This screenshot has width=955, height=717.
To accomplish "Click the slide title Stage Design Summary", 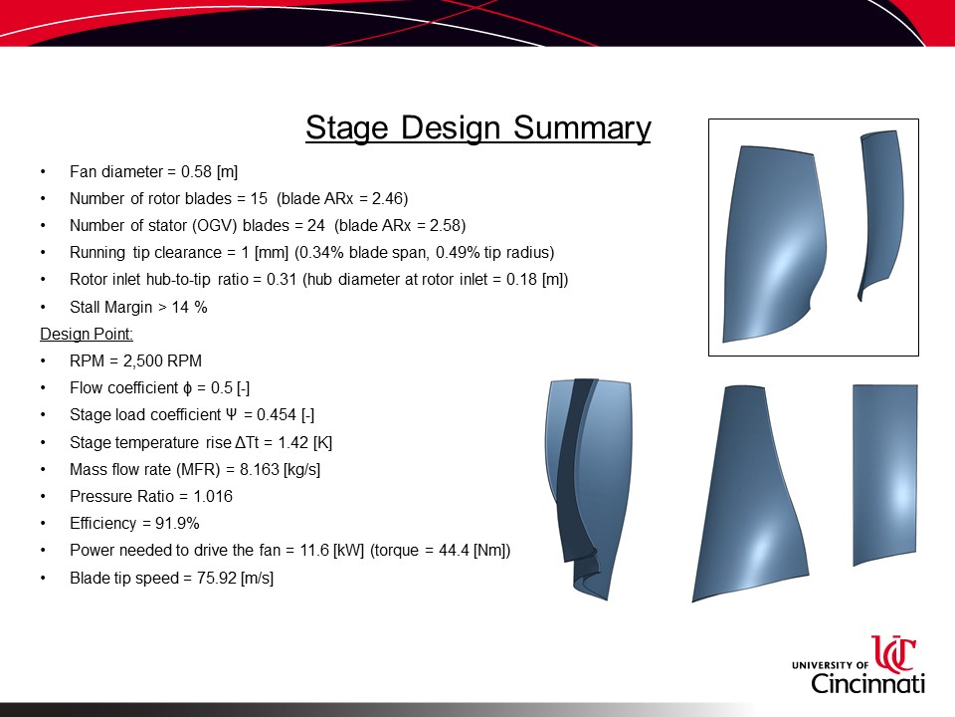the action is click(478, 128).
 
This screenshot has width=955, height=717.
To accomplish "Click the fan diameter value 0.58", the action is click(196, 172).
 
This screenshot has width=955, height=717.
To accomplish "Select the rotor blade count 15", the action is click(259, 199).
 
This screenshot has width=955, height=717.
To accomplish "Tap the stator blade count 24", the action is click(316, 226).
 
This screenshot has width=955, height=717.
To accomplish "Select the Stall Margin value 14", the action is click(180, 307).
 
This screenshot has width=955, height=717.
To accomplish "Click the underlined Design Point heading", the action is click(87, 335).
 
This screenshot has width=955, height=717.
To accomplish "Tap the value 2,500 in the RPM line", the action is click(140, 360).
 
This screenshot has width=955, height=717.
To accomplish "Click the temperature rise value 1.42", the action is click(292, 442).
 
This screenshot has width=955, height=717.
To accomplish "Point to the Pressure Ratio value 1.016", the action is click(213, 496).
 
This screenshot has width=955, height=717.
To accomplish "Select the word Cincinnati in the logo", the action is click(867, 683).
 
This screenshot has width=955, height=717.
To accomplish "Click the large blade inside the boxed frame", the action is click(774, 244).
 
